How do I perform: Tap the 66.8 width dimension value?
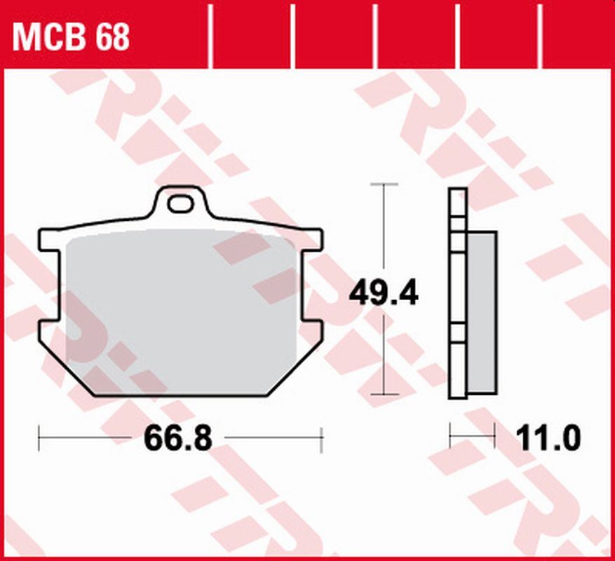pos(177,440)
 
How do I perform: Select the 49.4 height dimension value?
pos(384,292)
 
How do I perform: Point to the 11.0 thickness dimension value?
pos(548,440)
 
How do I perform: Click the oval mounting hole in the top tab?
pos(180,204)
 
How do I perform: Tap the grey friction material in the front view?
pos(181,309)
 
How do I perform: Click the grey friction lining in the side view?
pos(482,312)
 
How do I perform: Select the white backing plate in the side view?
pos(457,295)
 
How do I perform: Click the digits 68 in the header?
pos(112,36)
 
